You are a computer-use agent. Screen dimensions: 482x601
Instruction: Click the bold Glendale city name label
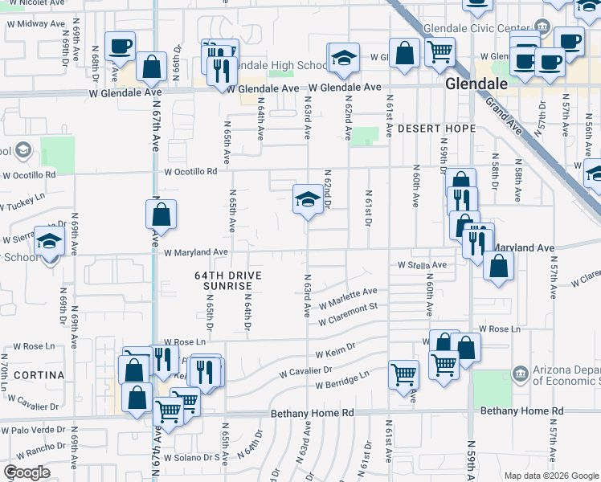(x=476, y=84)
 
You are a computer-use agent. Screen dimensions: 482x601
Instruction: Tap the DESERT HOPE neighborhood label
(x=436, y=129)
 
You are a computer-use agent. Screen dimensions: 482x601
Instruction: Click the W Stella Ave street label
(x=421, y=264)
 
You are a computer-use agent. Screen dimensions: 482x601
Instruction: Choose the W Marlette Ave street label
(x=346, y=299)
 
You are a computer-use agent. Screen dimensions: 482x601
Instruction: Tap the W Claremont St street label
(x=347, y=314)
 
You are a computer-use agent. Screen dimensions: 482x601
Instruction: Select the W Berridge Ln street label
(x=341, y=381)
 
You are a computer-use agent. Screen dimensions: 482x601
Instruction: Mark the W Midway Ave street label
(x=35, y=24)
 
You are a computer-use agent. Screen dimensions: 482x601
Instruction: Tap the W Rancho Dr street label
(x=27, y=451)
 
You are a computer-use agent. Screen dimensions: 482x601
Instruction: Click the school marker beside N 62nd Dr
(x=306, y=199)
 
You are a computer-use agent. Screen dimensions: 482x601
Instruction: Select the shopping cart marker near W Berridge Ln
(x=403, y=374)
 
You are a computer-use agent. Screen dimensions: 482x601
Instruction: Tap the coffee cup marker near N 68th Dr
(x=120, y=46)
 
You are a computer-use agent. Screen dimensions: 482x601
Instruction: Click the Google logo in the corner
(x=27, y=472)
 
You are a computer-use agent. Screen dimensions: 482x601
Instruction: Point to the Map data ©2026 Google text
(x=550, y=476)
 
